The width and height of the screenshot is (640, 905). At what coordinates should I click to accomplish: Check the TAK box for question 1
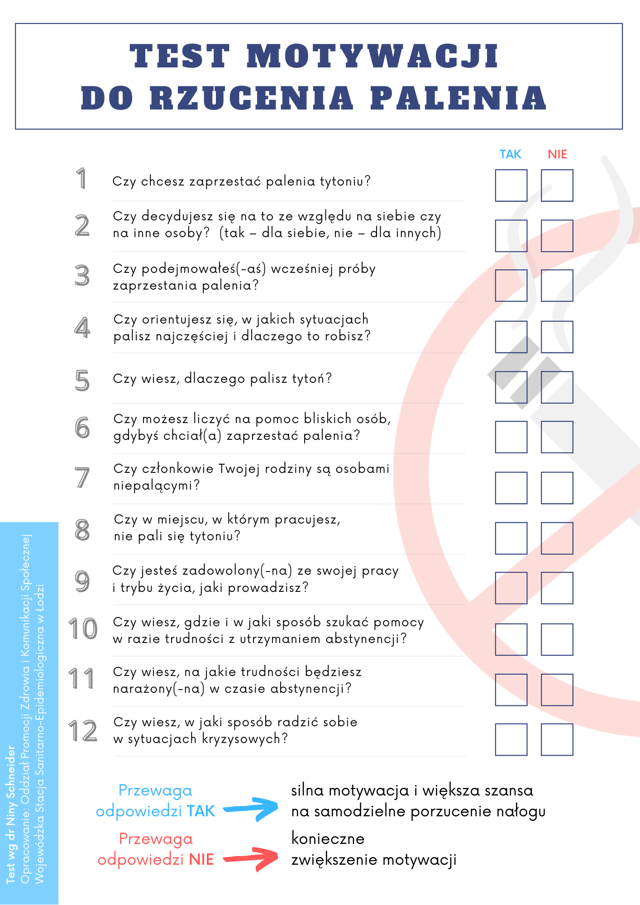tap(511, 186)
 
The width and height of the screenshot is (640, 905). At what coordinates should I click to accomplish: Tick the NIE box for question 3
tap(557, 286)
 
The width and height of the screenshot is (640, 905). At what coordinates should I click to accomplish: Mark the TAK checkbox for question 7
tap(511, 488)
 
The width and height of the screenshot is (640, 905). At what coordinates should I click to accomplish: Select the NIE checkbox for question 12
tap(557, 739)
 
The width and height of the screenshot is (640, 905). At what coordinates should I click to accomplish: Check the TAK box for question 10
tap(511, 639)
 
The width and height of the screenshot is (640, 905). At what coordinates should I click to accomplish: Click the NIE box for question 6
tap(557, 437)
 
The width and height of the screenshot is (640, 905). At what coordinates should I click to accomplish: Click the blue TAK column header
tap(511, 154)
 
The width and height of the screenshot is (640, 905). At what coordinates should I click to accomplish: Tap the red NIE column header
tap(557, 154)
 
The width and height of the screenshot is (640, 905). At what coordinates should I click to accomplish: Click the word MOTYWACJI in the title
tap(372, 57)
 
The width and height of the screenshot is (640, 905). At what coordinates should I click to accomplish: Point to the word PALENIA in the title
tap(458, 98)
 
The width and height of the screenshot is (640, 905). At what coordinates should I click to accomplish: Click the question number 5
tap(82, 381)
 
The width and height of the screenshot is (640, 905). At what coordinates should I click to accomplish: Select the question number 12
tap(83, 731)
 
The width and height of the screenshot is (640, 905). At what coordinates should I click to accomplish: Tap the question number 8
tap(82, 530)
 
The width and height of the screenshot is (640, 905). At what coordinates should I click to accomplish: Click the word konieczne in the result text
tap(328, 838)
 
